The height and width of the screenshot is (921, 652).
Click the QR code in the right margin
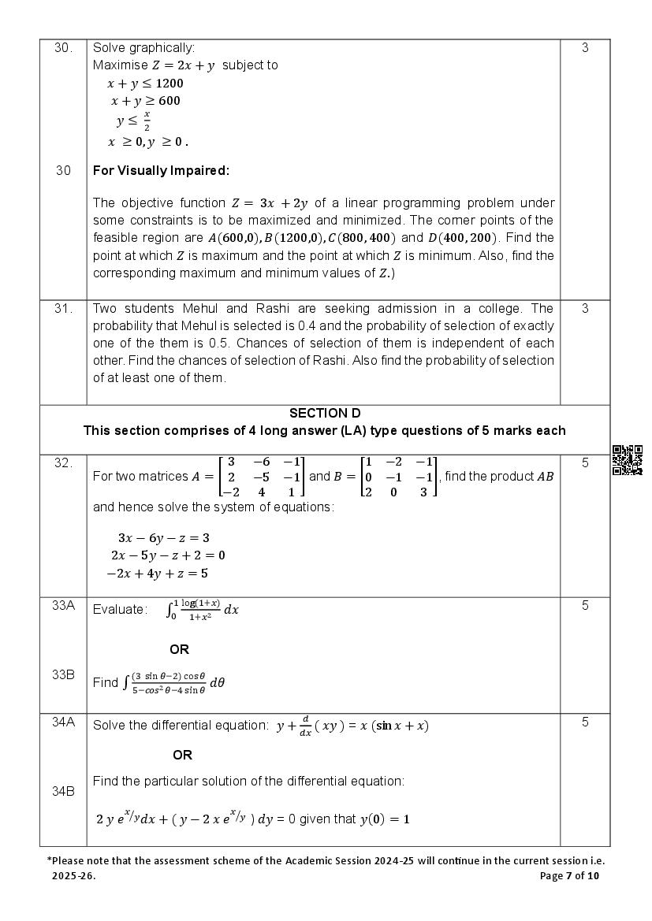click(627, 460)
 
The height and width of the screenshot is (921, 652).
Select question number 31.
click(63, 309)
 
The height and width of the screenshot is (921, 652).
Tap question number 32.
click(63, 463)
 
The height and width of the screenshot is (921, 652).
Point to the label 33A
click(63, 606)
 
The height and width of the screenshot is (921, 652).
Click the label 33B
click(63, 674)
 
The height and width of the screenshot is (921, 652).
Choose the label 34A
click(63, 722)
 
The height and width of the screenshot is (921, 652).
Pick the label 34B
click(63, 791)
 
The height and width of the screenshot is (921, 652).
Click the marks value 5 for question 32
click(585, 463)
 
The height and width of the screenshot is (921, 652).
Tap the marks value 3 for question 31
click(585, 309)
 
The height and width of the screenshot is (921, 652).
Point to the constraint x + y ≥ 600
click(145, 101)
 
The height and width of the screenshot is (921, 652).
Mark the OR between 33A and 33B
click(179, 650)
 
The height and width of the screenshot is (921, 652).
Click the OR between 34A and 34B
click(182, 756)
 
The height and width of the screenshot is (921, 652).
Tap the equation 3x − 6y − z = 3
click(163, 538)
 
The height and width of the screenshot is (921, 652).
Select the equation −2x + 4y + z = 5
click(157, 574)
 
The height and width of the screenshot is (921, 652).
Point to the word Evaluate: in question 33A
click(120, 609)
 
